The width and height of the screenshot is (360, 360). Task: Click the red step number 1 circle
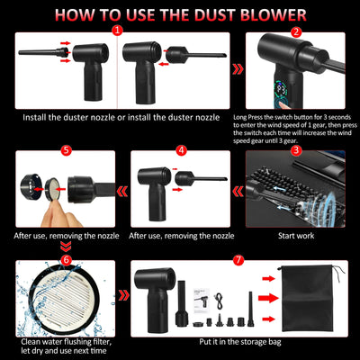[x=116, y=31]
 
